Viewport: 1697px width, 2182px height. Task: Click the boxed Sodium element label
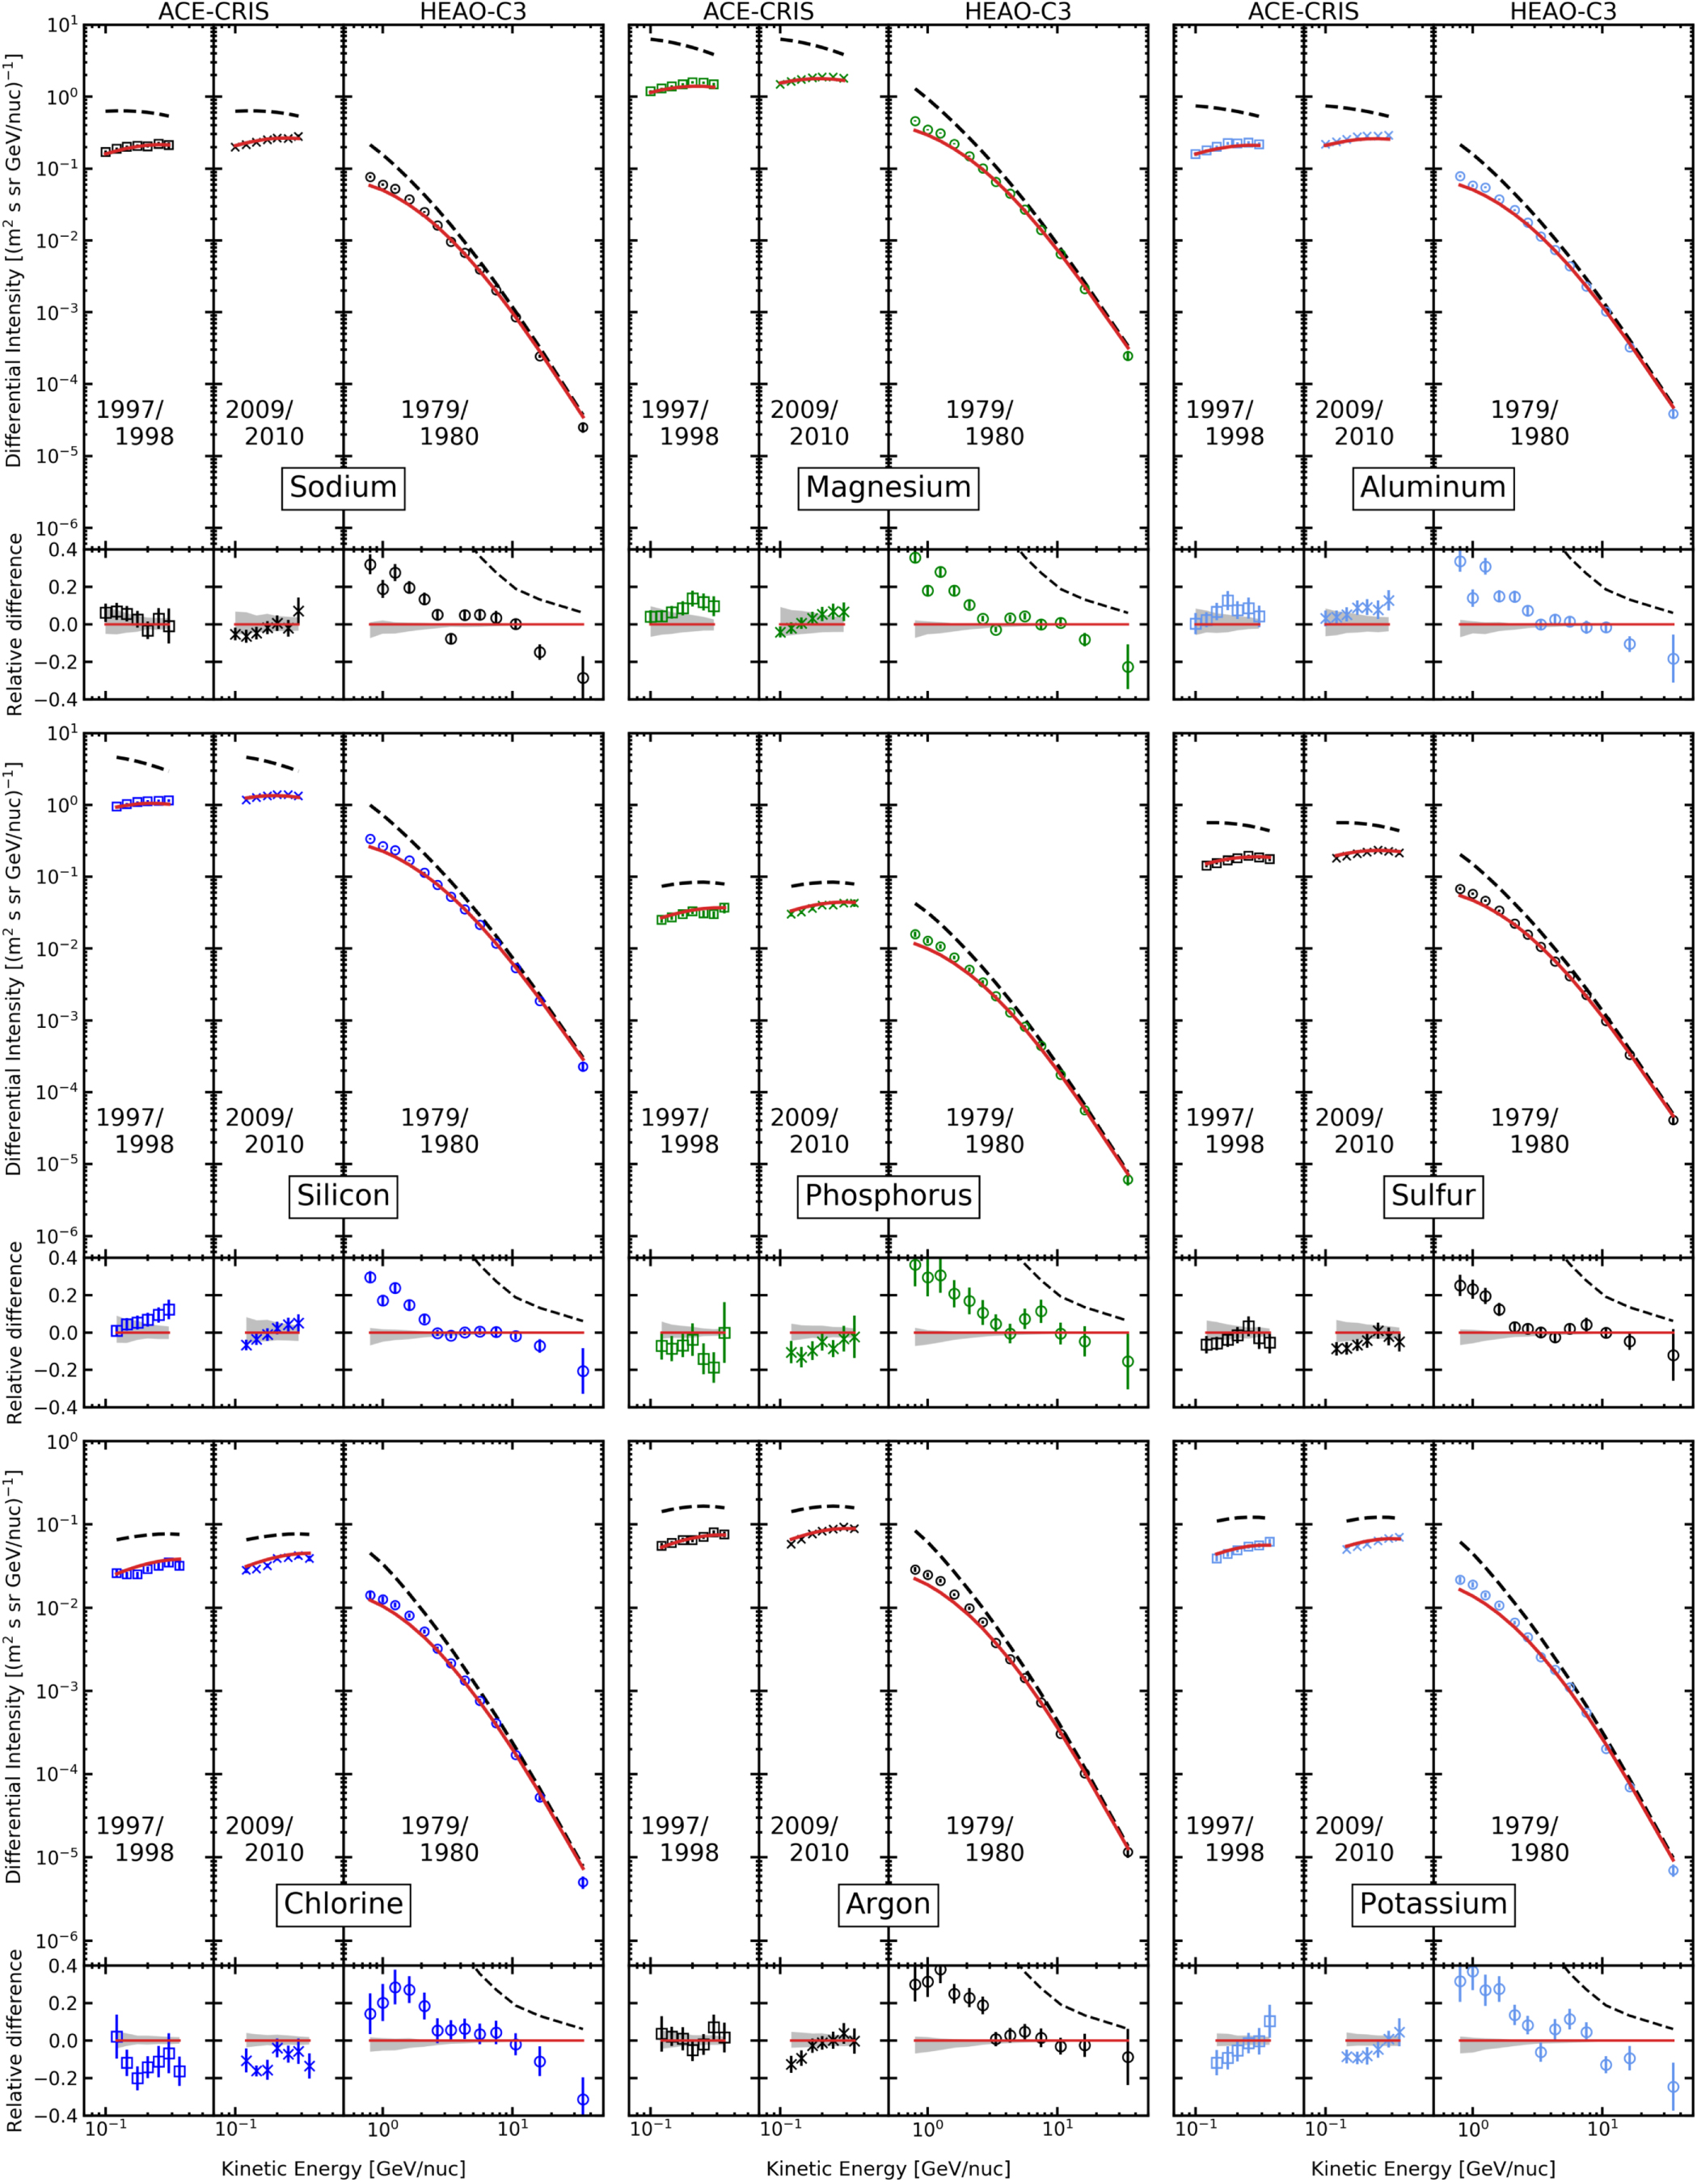click(x=343, y=487)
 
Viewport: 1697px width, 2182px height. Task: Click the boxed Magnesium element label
click(x=888, y=487)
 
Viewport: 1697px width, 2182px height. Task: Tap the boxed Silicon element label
click(x=343, y=1195)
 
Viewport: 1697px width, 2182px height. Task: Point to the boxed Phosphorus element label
click(x=888, y=1195)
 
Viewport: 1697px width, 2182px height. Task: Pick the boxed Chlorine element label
click(x=343, y=1903)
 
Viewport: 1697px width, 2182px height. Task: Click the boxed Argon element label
click(x=888, y=1903)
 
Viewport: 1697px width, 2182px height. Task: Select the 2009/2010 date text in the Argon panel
click(x=809, y=1839)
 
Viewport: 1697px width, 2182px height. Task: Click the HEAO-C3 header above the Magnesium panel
click(x=1016, y=12)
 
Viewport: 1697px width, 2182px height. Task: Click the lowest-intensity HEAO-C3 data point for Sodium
click(x=583, y=428)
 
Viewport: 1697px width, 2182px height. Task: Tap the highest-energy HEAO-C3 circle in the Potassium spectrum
click(x=1673, y=1870)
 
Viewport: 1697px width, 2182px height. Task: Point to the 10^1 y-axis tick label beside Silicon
click(x=62, y=735)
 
